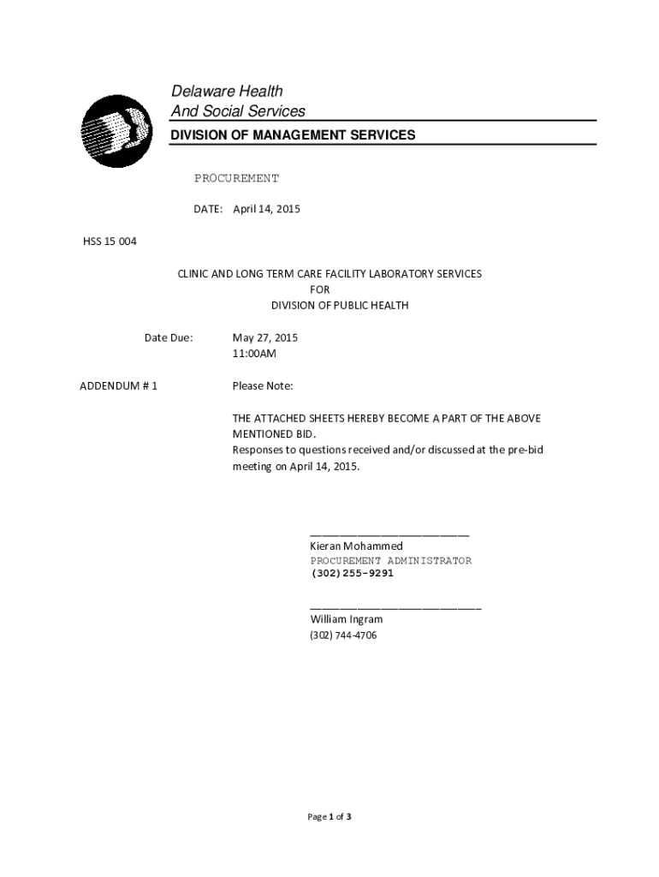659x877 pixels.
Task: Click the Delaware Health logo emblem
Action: pos(116,130)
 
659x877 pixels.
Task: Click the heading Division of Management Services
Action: pos(293,135)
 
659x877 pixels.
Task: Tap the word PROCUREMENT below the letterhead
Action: pos(236,178)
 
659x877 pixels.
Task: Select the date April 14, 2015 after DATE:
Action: pos(266,209)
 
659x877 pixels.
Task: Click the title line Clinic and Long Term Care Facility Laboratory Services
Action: pos(329,274)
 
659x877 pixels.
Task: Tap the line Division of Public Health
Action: pos(340,306)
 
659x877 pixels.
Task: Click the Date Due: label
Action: pos(169,337)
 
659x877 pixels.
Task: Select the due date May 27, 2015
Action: pos(265,337)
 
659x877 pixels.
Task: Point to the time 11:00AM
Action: pos(254,353)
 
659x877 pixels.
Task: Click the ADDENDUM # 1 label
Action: pos(118,385)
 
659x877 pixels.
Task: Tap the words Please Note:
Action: pos(263,385)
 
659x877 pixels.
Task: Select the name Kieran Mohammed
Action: pos(356,546)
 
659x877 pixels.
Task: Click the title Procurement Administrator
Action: pos(390,561)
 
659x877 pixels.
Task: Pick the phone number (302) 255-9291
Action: pos(352,574)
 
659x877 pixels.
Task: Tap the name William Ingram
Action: pos(346,618)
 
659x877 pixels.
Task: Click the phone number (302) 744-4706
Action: pos(343,635)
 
